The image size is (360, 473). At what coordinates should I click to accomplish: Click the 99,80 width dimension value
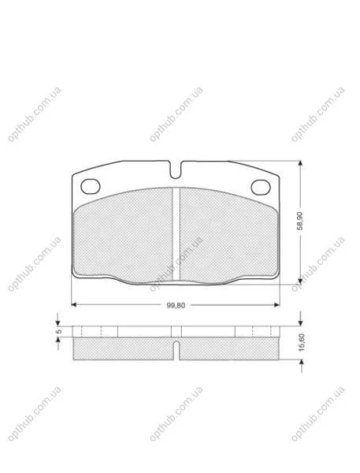[176, 305]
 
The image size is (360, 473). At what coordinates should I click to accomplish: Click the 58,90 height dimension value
[300, 221]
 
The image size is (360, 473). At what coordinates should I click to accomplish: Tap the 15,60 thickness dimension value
[302, 342]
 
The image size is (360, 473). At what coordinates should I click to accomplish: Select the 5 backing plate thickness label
[59, 331]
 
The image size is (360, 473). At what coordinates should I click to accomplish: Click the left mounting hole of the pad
[91, 186]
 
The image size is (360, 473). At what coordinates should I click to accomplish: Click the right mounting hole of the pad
[261, 187]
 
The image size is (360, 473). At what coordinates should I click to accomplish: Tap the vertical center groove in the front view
[176, 234]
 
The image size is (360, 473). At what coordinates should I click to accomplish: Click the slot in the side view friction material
[176, 350]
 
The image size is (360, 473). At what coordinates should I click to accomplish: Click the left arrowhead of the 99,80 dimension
[74, 304]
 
